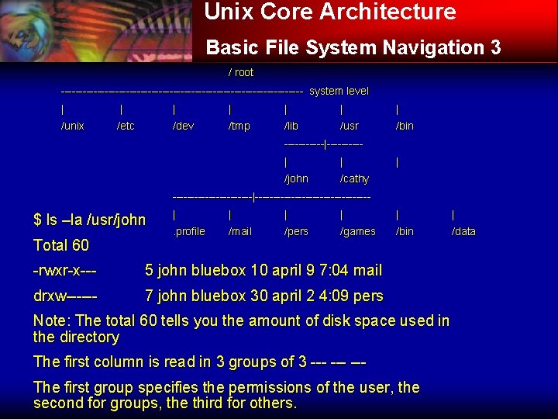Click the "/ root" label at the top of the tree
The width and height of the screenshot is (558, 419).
coord(241,72)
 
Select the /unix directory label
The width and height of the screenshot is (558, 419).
coord(73,126)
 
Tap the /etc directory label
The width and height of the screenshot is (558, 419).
coord(126,126)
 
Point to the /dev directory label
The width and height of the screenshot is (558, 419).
coord(183,126)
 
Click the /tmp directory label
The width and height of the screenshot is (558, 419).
coord(239,126)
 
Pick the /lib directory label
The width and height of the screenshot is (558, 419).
coord(291,126)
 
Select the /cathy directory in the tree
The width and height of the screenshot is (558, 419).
coord(355,178)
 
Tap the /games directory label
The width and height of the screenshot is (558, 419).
coord(358,231)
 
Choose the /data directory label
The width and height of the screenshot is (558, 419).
coord(463,231)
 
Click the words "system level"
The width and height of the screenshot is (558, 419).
coord(339,91)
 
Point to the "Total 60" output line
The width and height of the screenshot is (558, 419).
coord(61,245)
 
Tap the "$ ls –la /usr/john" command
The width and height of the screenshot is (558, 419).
coord(90,220)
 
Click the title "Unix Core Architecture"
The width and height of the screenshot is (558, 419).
coord(330,12)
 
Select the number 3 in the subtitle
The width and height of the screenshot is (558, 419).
coord(495,48)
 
